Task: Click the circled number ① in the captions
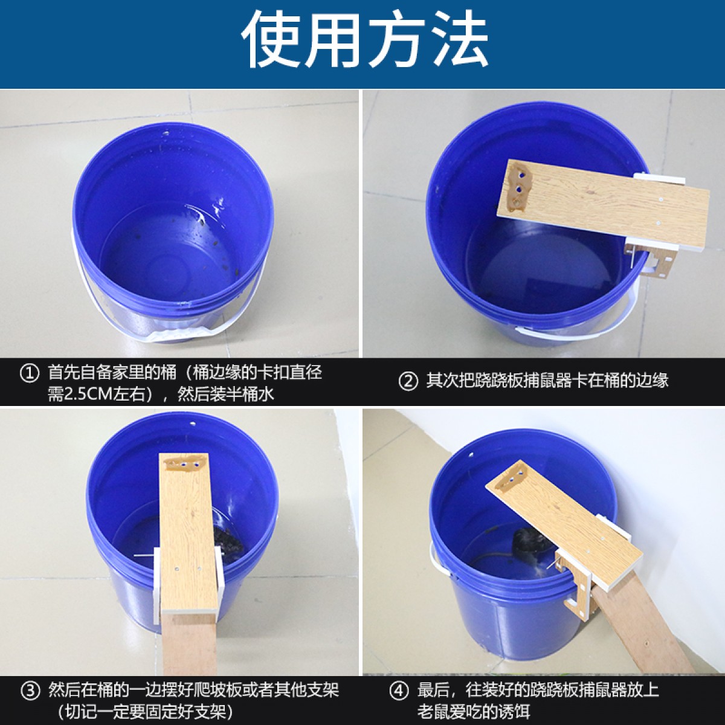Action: [29, 373]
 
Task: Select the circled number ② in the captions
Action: [408, 381]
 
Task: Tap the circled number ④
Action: [398, 691]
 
